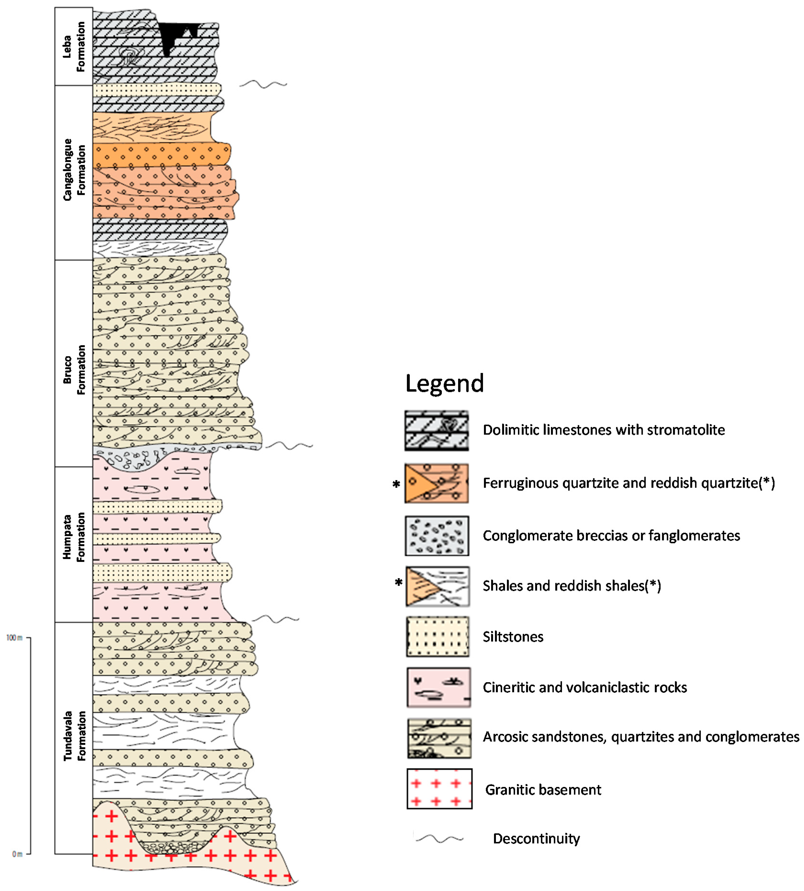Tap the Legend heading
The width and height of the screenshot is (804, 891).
point(444,383)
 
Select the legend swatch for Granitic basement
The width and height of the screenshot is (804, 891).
point(439,789)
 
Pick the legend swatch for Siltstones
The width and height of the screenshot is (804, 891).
point(437,636)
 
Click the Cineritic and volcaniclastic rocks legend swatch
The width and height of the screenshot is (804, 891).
point(438,687)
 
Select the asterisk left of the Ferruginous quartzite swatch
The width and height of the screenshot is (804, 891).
point(396,484)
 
